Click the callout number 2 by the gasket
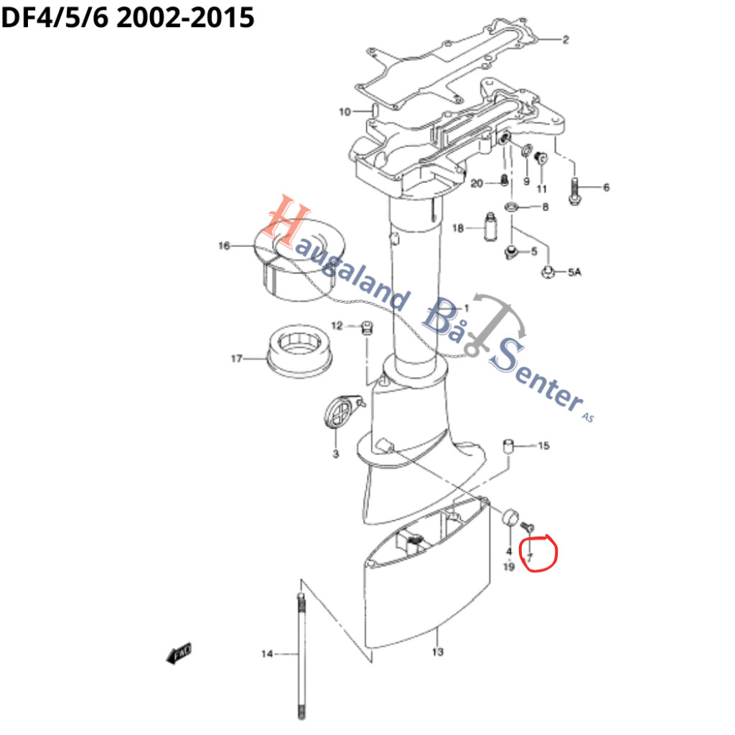pos(566,39)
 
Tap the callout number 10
pos(345,112)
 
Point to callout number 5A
pos(575,273)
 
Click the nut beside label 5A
pos(546,272)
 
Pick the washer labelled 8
pos(512,207)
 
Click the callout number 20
pos(477,184)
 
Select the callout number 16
pos(225,246)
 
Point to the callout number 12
pos(337,327)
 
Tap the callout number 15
pos(543,446)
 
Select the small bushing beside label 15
pos(508,446)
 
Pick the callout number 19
pos(509,568)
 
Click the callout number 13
pos(438,652)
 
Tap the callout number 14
pos(267,653)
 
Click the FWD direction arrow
pos(178,652)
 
